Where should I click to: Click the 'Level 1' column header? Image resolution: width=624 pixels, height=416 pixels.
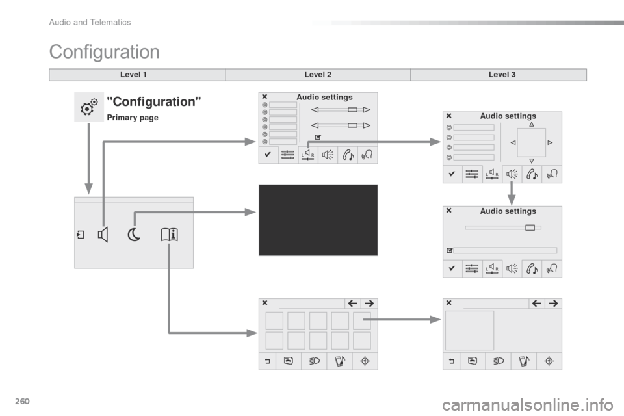coord(133,75)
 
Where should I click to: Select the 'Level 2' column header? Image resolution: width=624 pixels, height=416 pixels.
coord(318,75)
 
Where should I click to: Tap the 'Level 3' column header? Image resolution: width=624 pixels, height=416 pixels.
coord(502,75)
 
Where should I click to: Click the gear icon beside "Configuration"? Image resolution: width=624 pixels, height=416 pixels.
coord(89,107)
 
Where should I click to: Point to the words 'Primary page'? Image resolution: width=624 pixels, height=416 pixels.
coord(133,118)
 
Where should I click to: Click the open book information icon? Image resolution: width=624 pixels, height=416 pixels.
coord(170,235)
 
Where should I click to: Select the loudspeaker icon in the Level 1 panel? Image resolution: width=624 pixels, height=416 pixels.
coord(103,235)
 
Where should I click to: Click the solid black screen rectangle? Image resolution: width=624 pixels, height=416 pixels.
coord(318,220)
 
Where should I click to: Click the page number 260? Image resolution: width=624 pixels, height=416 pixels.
coord(22,401)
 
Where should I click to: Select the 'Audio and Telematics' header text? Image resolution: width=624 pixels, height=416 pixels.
coord(90,22)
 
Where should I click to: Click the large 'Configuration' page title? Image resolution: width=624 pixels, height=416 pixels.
coord(104,52)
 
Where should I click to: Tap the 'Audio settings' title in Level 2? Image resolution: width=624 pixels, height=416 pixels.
coord(324,97)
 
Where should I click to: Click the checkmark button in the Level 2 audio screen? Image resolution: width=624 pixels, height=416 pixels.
coord(268,155)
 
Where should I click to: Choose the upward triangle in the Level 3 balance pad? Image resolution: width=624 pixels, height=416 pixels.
coord(531,124)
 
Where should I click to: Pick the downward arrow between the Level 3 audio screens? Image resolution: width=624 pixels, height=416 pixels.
coord(512,194)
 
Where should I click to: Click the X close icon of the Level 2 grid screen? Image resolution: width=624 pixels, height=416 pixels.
coord(265,303)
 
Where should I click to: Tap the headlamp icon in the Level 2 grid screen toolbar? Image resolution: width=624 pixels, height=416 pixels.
coord(315,361)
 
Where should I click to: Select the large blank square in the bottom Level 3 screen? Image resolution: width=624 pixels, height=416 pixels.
coord(469,330)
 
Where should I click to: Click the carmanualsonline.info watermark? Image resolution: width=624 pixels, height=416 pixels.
coord(528,405)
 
